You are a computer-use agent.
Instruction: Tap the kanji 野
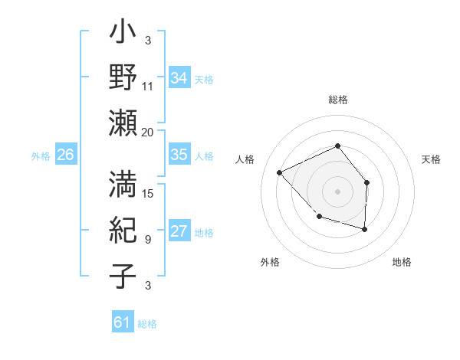[123, 79]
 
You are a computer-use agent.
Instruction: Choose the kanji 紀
[123, 231]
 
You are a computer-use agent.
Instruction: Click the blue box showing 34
[179, 77]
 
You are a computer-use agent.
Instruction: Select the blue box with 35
[179, 155]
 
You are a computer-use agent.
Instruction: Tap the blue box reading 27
[179, 231]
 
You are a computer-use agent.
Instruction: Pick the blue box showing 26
[66, 155]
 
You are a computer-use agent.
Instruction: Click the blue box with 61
[123, 322]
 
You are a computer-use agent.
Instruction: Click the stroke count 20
[148, 132]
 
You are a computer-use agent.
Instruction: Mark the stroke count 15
[148, 193]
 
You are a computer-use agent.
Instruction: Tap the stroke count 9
[147, 240]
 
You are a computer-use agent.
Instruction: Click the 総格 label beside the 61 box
[147, 324]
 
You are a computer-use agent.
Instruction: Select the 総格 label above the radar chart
[337, 100]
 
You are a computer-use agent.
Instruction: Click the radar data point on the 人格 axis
[281, 172]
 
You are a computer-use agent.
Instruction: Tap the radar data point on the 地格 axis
[365, 229]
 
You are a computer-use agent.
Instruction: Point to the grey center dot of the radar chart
[337, 191]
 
